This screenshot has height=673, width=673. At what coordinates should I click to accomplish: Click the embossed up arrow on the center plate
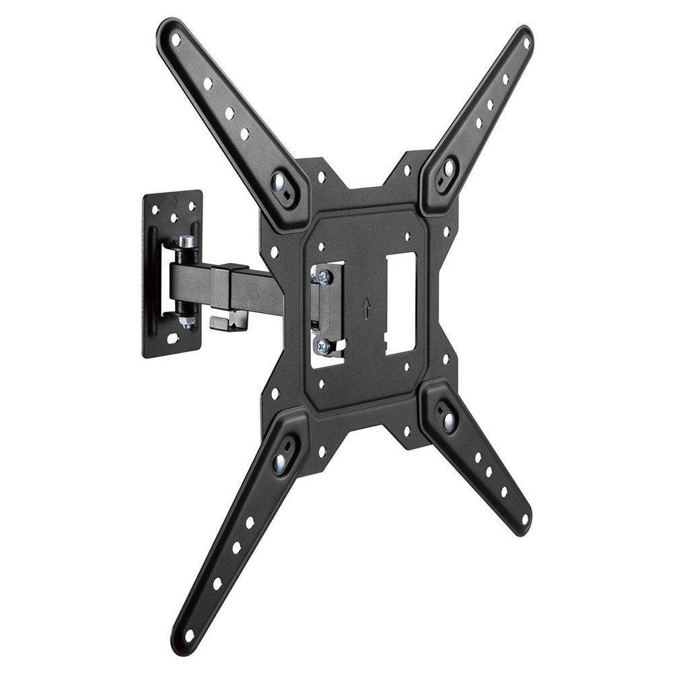[x=365, y=308]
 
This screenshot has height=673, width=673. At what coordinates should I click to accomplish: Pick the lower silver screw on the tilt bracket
[x=322, y=346]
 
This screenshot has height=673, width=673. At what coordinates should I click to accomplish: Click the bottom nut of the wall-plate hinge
[x=186, y=322]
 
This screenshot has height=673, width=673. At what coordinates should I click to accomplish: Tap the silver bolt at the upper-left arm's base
[x=279, y=180]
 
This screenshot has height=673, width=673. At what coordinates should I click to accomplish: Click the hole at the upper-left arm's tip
[x=176, y=40]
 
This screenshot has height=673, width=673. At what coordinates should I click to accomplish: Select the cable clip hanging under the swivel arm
[x=228, y=321]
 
